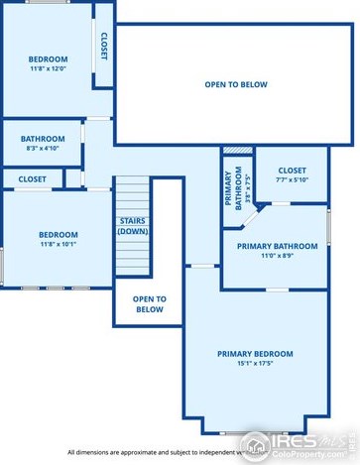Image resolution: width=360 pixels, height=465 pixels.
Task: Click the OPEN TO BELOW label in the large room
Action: (236, 85)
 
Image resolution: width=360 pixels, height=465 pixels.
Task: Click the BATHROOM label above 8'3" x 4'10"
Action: (44, 139)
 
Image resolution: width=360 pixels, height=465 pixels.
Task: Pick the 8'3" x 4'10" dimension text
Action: (44, 149)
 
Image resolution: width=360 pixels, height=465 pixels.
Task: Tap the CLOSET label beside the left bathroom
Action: (32, 179)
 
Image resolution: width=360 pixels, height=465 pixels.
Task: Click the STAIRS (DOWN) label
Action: (133, 226)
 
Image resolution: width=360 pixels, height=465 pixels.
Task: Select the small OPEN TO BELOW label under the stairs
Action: (149, 303)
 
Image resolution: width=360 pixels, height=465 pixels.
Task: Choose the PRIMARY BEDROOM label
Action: (255, 354)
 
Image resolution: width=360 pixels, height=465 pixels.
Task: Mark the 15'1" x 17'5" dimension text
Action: (255, 365)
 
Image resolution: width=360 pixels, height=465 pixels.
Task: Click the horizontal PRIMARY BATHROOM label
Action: (275, 245)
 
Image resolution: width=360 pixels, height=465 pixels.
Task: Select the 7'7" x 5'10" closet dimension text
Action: (292, 180)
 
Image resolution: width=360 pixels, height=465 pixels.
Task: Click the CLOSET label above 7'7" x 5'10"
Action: (292, 171)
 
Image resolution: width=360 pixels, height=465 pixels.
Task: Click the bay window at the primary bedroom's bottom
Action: (255, 429)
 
